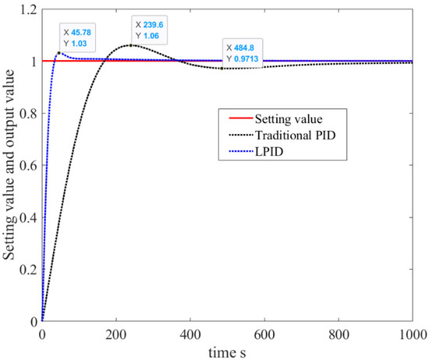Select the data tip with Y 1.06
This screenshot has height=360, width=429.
coord(151,30)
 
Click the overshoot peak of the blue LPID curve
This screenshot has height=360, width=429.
coord(59,53)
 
